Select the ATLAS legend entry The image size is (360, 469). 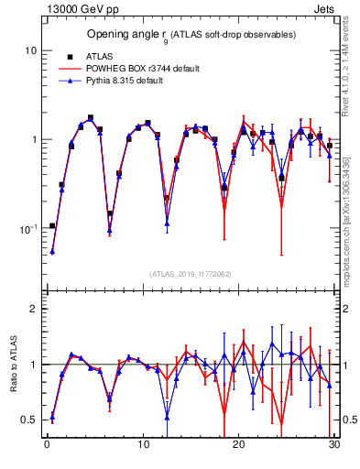[110, 57]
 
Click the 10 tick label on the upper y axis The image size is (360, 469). [30, 50]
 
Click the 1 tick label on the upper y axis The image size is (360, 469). [33, 139]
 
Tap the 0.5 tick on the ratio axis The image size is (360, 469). [29, 420]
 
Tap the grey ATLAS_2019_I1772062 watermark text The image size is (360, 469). [190, 273]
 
